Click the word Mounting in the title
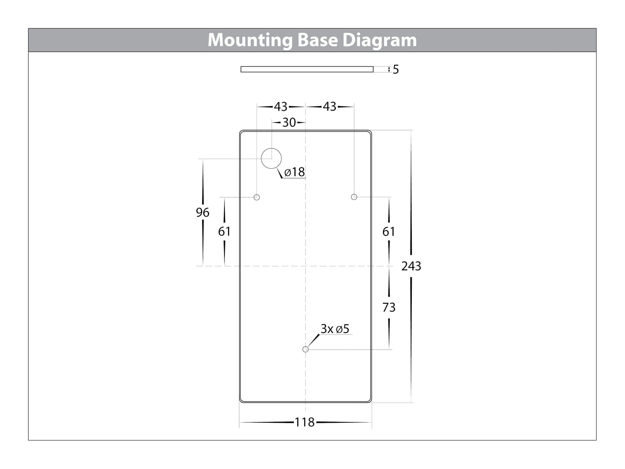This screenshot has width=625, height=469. tap(250, 40)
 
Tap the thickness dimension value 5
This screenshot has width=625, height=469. tap(396, 70)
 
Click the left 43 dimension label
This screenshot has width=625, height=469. tap(281, 106)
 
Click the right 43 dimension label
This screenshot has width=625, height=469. tap(330, 106)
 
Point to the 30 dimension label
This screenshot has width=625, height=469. tap(289, 123)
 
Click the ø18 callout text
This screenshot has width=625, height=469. tap(295, 172)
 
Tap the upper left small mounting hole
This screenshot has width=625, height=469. tap(257, 197)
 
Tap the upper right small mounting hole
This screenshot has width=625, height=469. tap(354, 197)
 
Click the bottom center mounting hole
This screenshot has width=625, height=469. tap(306, 349)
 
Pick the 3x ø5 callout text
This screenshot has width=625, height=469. tap(335, 329)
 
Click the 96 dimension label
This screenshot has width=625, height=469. tap(202, 212)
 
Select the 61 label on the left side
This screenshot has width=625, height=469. tap(224, 231)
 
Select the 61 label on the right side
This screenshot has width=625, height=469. tap(389, 231)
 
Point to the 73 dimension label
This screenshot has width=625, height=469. tap(389, 307)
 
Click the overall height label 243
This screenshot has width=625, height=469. tap(411, 266)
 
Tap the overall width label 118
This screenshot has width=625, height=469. tap(305, 422)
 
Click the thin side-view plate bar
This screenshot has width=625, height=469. tap(307, 69)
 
